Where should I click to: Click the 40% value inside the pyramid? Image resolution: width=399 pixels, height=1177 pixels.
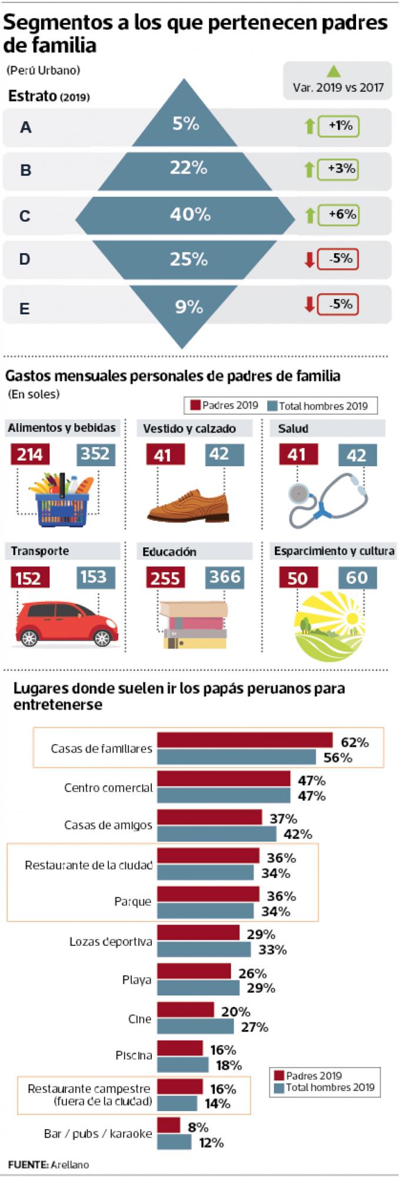190,214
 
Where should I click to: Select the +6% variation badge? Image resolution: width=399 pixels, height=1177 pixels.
338,215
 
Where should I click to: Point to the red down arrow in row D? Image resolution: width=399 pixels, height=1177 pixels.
310,260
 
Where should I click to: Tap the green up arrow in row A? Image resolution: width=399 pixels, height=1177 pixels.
310,126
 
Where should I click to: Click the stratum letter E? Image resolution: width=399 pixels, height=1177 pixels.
25,308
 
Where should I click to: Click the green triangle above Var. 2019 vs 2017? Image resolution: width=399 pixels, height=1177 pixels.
334,72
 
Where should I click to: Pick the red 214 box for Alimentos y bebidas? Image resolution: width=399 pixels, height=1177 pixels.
30,454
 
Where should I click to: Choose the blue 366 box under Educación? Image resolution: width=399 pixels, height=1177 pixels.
224,577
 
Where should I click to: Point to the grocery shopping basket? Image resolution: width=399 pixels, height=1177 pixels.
62,500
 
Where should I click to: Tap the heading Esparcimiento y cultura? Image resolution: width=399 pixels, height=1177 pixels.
334,551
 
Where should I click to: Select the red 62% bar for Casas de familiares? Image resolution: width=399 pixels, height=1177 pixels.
245,740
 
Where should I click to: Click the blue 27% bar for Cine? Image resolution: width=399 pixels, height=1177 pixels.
195,1026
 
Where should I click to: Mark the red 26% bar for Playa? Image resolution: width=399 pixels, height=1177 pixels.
194,972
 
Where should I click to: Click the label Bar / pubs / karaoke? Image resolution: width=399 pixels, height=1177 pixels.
98,1133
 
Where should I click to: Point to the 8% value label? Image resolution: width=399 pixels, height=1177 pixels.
198,1126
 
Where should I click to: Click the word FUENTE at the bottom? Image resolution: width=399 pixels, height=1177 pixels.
28,1164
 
